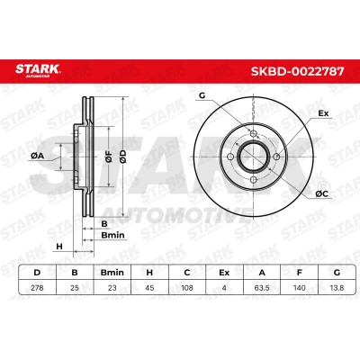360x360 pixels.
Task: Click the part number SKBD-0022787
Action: pos(297,71)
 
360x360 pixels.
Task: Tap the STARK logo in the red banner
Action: pos(38,70)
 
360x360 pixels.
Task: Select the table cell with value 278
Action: pos(37,288)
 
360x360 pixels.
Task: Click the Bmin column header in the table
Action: pos(112,273)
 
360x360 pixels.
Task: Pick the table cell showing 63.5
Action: pos(262,288)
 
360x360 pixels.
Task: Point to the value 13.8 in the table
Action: pos(337,288)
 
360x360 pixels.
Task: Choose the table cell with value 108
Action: pos(187,288)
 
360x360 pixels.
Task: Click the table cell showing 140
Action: pos(299,288)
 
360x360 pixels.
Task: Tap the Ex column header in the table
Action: pos(224,273)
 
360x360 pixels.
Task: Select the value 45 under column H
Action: pos(149,288)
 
